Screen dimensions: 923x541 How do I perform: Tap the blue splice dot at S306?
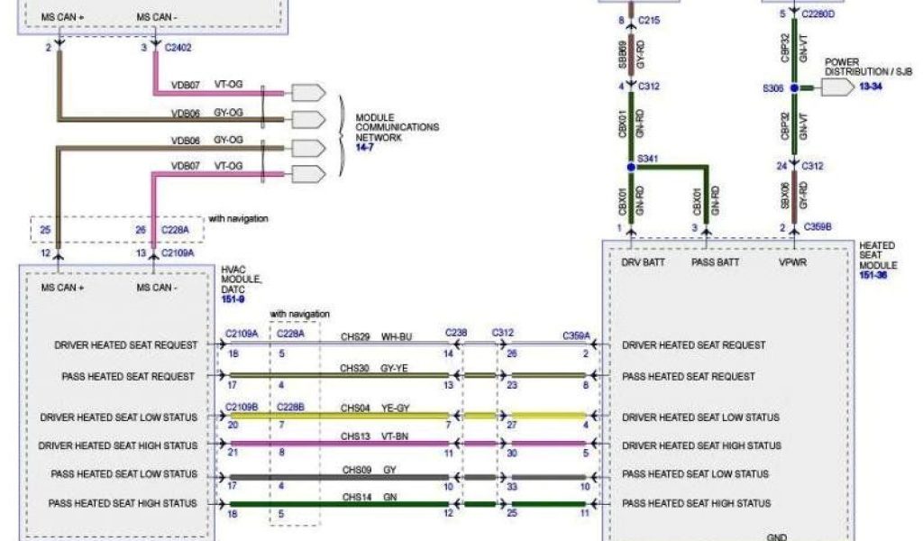pos(794,88)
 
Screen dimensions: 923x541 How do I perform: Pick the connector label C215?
pos(649,19)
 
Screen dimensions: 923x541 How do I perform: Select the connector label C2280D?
pos(820,14)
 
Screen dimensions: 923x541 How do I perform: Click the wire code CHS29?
pos(355,336)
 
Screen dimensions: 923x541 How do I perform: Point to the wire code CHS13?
pos(355,436)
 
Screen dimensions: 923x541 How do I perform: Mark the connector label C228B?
pos(289,407)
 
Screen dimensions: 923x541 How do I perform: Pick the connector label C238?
pos(456,333)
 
